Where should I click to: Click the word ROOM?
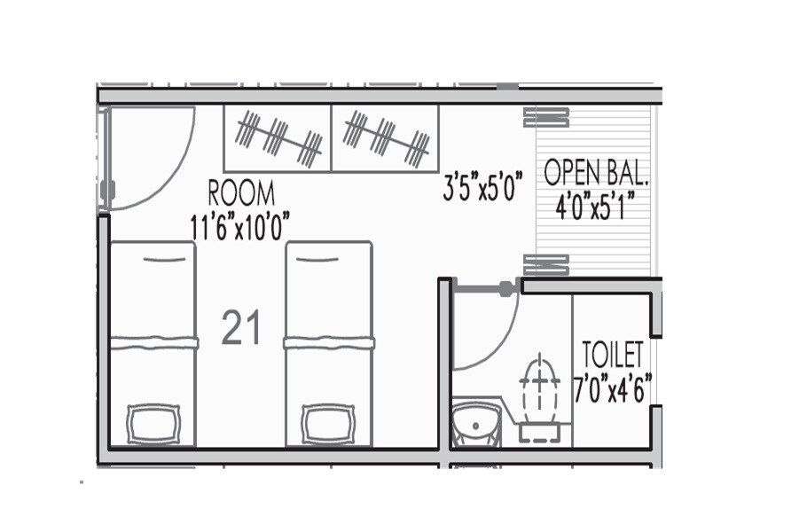click(240, 192)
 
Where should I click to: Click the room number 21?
click(240, 329)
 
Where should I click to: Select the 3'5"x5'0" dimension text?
click(483, 188)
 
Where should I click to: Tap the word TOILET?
click(612, 356)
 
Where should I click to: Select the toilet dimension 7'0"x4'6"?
click(613, 387)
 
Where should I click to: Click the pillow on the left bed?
click(153, 423)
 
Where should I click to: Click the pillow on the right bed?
click(328, 423)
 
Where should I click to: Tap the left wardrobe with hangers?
click(277, 138)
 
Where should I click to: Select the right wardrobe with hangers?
click(386, 137)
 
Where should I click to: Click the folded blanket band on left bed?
click(153, 342)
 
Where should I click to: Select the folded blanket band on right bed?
click(327, 342)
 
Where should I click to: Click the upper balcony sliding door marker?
click(545, 117)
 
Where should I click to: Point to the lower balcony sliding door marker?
click(545, 263)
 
